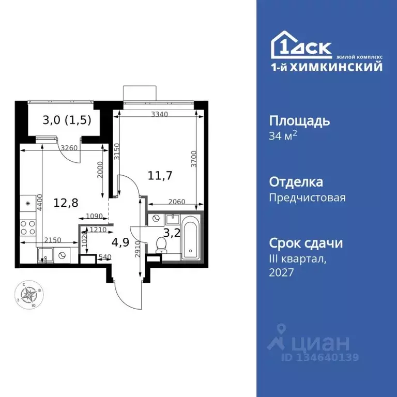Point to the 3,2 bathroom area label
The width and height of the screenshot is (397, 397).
point(171,232)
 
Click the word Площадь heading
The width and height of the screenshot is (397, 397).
point(300,121)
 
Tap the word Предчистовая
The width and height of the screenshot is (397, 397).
point(308,197)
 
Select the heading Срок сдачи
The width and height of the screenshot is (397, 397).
point(306,243)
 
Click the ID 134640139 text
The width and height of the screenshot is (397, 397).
point(320,357)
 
